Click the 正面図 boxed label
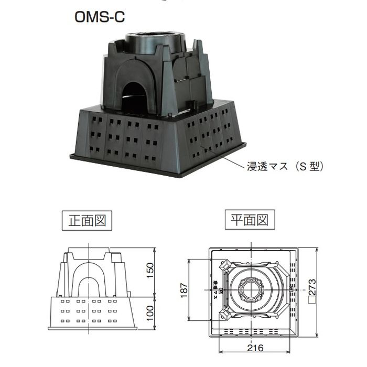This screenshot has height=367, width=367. [87, 220]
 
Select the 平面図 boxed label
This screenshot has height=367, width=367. [250, 220]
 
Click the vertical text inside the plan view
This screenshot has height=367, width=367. [215, 288]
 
